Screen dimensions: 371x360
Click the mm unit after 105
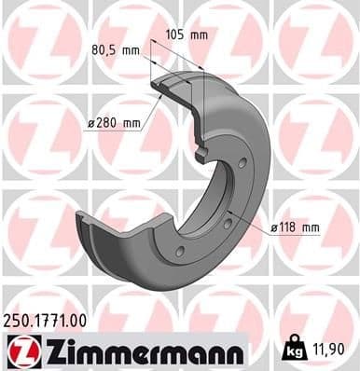point(200,35)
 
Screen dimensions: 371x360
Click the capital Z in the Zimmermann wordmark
point(42,351)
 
